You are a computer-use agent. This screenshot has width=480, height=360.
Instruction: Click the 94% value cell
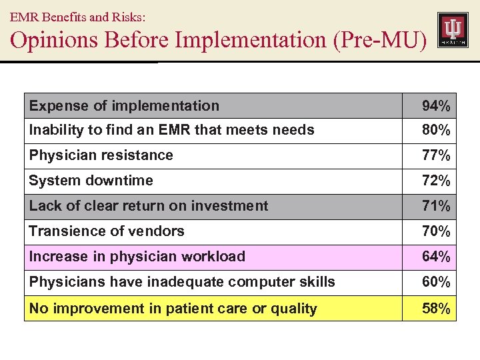point(435,106)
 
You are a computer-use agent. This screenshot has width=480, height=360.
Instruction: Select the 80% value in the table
point(435,131)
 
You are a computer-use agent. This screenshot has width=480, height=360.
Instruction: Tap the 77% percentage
point(435,156)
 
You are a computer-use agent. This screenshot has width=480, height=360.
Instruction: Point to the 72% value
point(435,181)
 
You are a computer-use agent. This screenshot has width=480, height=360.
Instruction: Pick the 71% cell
point(435,207)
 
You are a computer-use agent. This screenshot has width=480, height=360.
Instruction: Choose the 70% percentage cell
point(435,232)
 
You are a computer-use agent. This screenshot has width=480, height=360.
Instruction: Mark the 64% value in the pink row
point(435,257)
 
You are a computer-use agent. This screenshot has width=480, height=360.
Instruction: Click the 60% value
point(435,283)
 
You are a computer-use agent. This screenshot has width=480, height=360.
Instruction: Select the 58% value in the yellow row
point(435,309)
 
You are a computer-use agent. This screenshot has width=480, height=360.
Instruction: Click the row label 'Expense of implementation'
point(124,106)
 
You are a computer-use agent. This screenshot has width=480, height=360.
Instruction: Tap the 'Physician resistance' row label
point(101,155)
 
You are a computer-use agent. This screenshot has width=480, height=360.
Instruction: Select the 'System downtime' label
point(91,181)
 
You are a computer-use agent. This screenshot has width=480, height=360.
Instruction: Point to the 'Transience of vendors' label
point(107,231)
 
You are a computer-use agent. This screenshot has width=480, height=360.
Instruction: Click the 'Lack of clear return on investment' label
point(148,206)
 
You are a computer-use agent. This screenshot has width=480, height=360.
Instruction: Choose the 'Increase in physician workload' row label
point(137,257)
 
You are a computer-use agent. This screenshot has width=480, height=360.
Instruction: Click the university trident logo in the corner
point(453,30)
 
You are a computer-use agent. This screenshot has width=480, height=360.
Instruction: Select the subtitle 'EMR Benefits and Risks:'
point(77,14)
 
